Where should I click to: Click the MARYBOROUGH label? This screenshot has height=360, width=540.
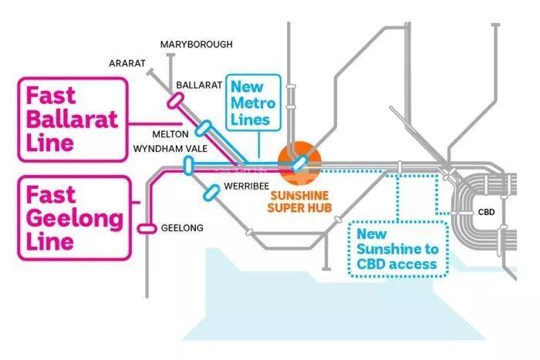pyautogui.click(x=196, y=45)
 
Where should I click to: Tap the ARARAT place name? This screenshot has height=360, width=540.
pyautogui.click(x=127, y=64)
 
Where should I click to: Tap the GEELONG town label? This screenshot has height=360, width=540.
pyautogui.click(x=182, y=228)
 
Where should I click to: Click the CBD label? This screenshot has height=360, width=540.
pyautogui.click(x=486, y=211)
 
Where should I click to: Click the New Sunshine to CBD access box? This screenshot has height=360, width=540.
pyautogui.click(x=397, y=248)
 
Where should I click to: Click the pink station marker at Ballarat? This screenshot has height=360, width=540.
pyautogui.click(x=174, y=100)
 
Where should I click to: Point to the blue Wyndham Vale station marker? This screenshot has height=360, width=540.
pyautogui.click(x=187, y=163)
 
